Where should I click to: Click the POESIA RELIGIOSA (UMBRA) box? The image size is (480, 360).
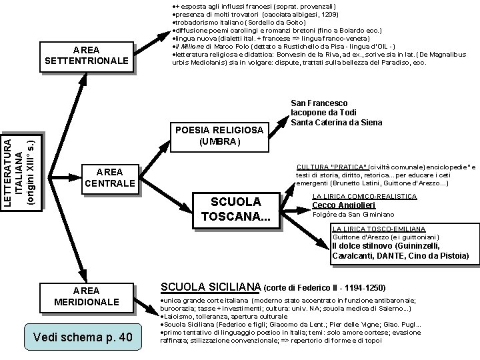point(219,135)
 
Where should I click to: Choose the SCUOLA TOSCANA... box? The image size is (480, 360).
point(235,209)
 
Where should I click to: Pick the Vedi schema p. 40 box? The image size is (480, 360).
point(81,335)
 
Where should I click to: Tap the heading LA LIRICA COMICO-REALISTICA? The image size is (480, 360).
point(365,196)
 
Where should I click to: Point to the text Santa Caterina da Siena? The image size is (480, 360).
point(337,123)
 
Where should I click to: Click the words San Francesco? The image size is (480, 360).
point(320,103)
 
